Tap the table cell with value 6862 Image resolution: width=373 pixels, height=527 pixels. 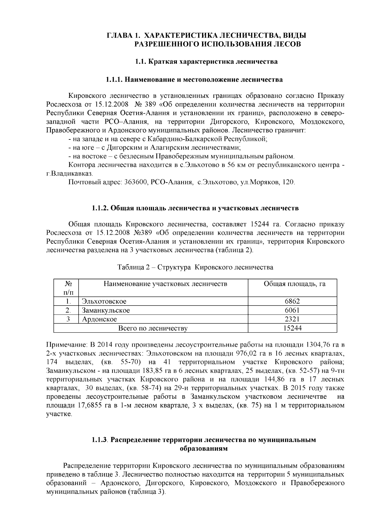pyautogui.click(x=292, y=301)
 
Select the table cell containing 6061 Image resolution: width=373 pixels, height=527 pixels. pyautogui.click(x=292, y=310)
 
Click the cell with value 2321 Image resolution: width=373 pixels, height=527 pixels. pyautogui.click(x=292, y=319)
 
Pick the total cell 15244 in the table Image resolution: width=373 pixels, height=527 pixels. pyautogui.click(x=292, y=328)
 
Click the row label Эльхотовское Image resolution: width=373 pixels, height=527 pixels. pyautogui.click(x=104, y=301)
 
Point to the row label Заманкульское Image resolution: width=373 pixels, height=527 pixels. pyautogui.click(x=106, y=310)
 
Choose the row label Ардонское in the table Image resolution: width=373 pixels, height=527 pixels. pyautogui.click(x=99, y=319)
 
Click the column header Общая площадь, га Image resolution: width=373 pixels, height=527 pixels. pyautogui.click(x=294, y=284)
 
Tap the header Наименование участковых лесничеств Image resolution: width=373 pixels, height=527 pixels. pyautogui.click(x=165, y=284)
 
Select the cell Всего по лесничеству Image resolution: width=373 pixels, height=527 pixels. pyautogui.click(x=153, y=328)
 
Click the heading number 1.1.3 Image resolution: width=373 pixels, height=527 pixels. pyautogui.click(x=99, y=440)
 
